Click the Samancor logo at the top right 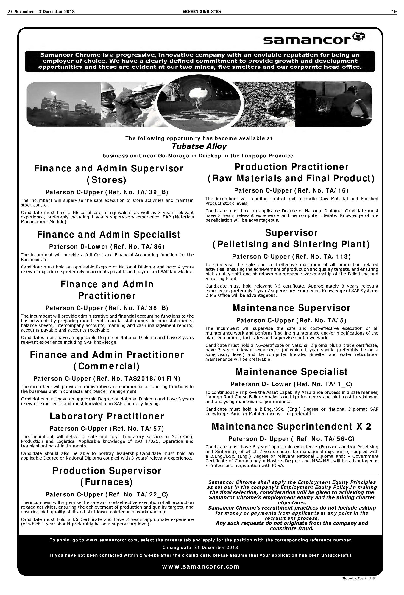[314, 38]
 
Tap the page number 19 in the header [394, 11]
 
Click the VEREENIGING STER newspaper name [202, 11]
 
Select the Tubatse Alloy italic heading [199, 146]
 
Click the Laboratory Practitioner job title [107, 416]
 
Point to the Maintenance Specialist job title [292, 372]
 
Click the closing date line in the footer [201, 548]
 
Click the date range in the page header [41, 11]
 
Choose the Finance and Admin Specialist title [109, 234]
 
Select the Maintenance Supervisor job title [292, 308]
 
